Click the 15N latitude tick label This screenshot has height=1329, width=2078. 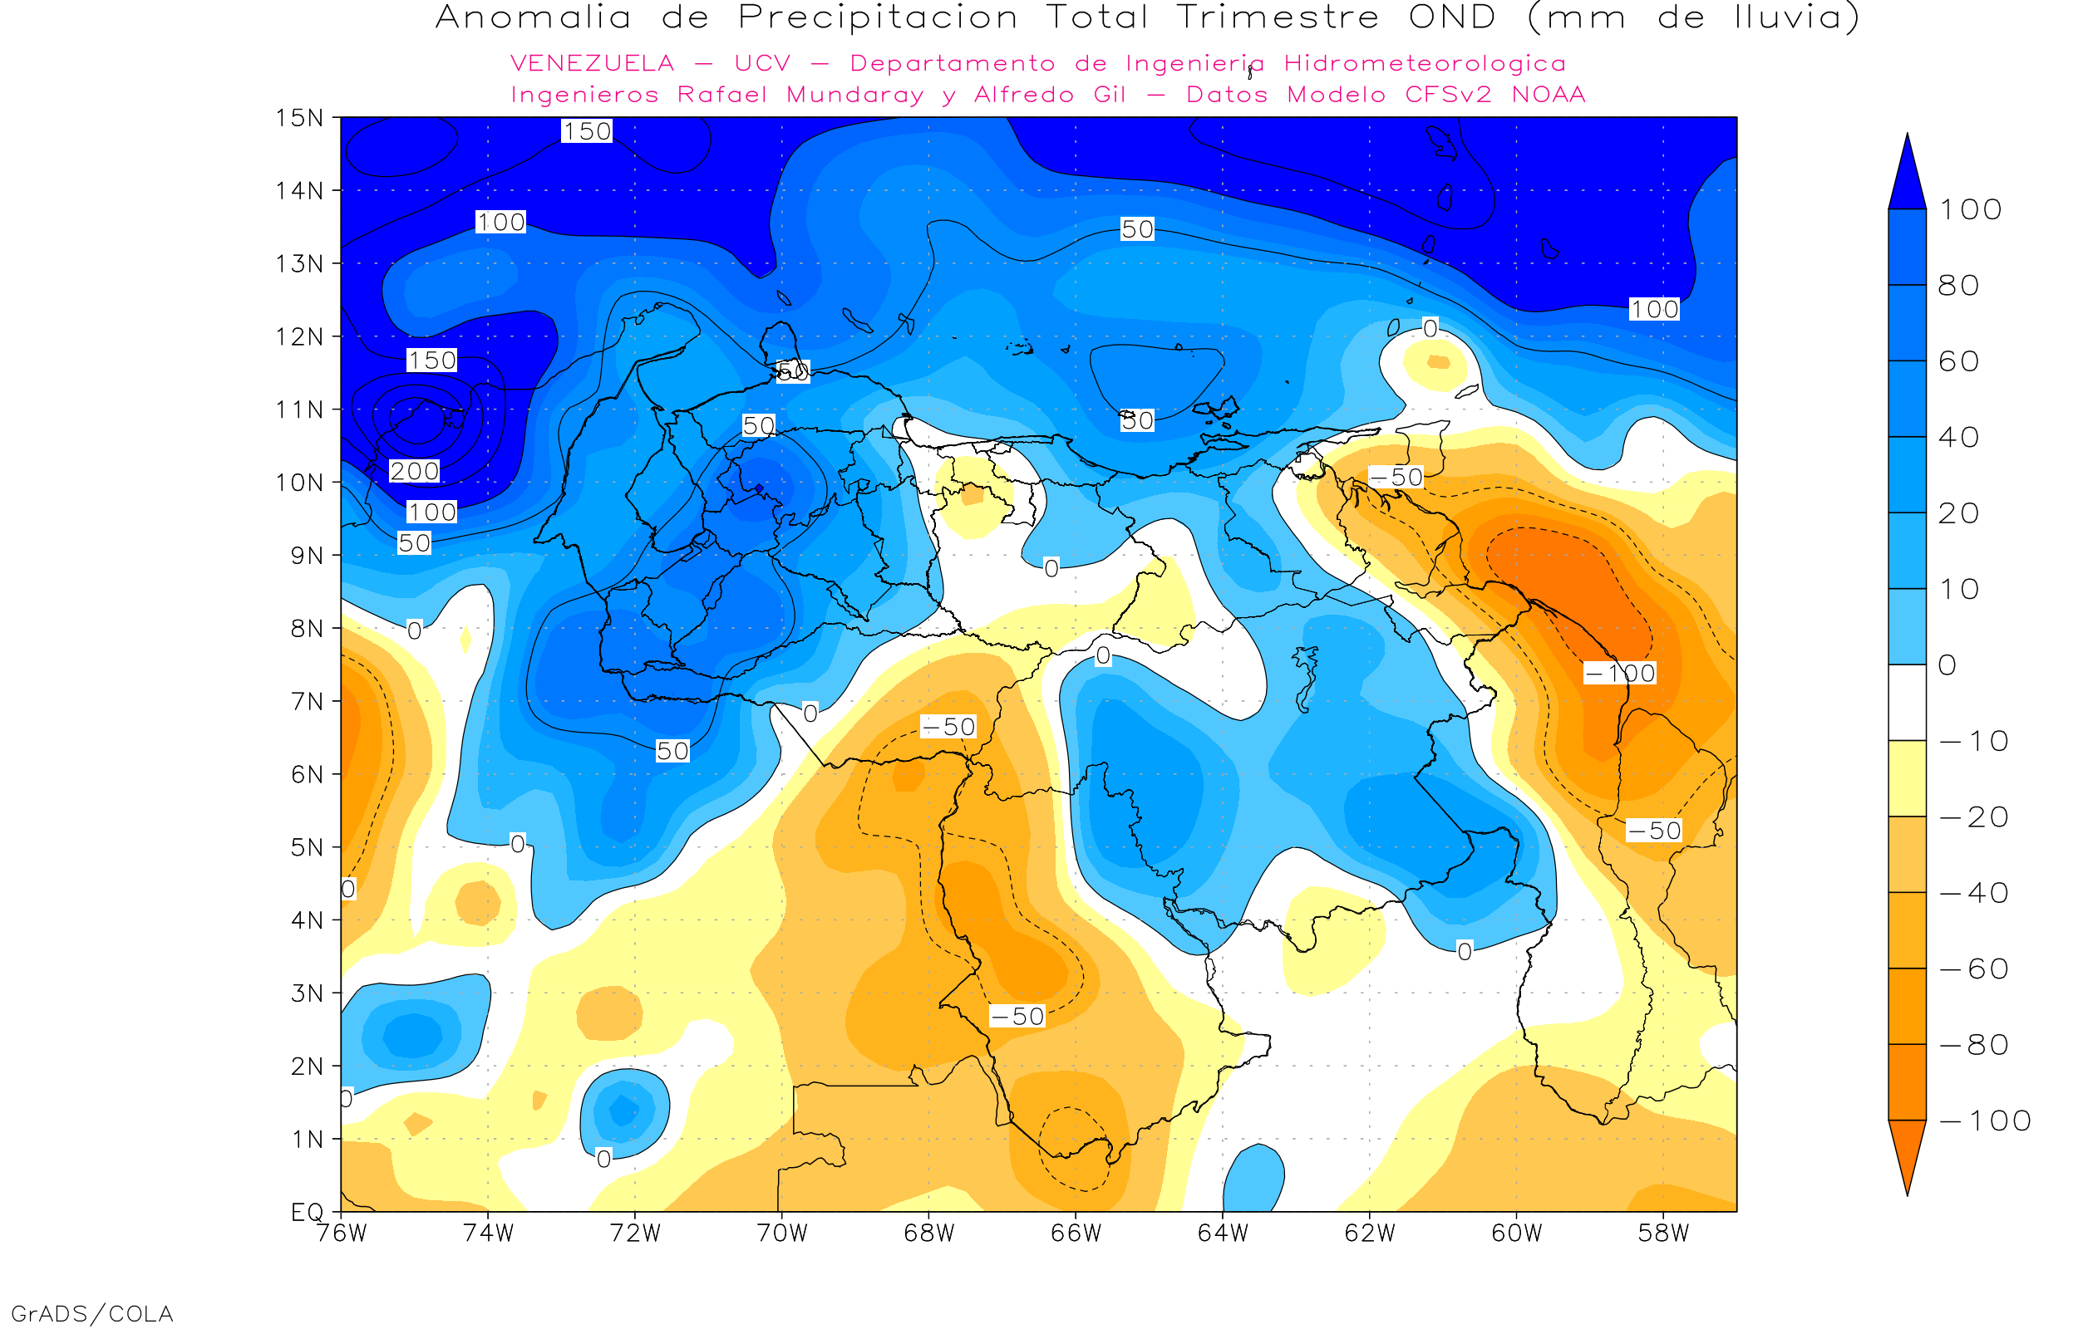point(298,117)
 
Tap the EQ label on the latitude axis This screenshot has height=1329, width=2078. point(308,1212)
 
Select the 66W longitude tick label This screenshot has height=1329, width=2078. point(1076,1233)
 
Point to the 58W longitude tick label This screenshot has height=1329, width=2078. point(1662,1233)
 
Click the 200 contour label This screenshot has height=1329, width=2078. point(415,471)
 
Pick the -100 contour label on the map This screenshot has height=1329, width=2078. point(1619,673)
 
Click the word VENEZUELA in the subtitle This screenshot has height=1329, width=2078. point(593,63)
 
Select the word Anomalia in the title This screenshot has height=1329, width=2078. point(534,17)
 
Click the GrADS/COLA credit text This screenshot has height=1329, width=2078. point(91,1313)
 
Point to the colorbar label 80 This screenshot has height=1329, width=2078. point(1958,286)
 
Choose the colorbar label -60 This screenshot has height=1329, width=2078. point(1972,969)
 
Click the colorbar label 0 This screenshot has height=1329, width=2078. point(1948,665)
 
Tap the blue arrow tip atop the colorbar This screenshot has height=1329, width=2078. point(1907,173)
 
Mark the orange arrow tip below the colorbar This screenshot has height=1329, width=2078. point(1907,1156)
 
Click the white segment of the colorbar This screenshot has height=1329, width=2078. point(1907,703)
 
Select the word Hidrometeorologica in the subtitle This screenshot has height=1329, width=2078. point(1425,63)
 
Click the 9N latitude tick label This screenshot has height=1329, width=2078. point(306,555)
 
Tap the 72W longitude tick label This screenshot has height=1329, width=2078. point(634,1233)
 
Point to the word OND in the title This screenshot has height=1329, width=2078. point(1452,17)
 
